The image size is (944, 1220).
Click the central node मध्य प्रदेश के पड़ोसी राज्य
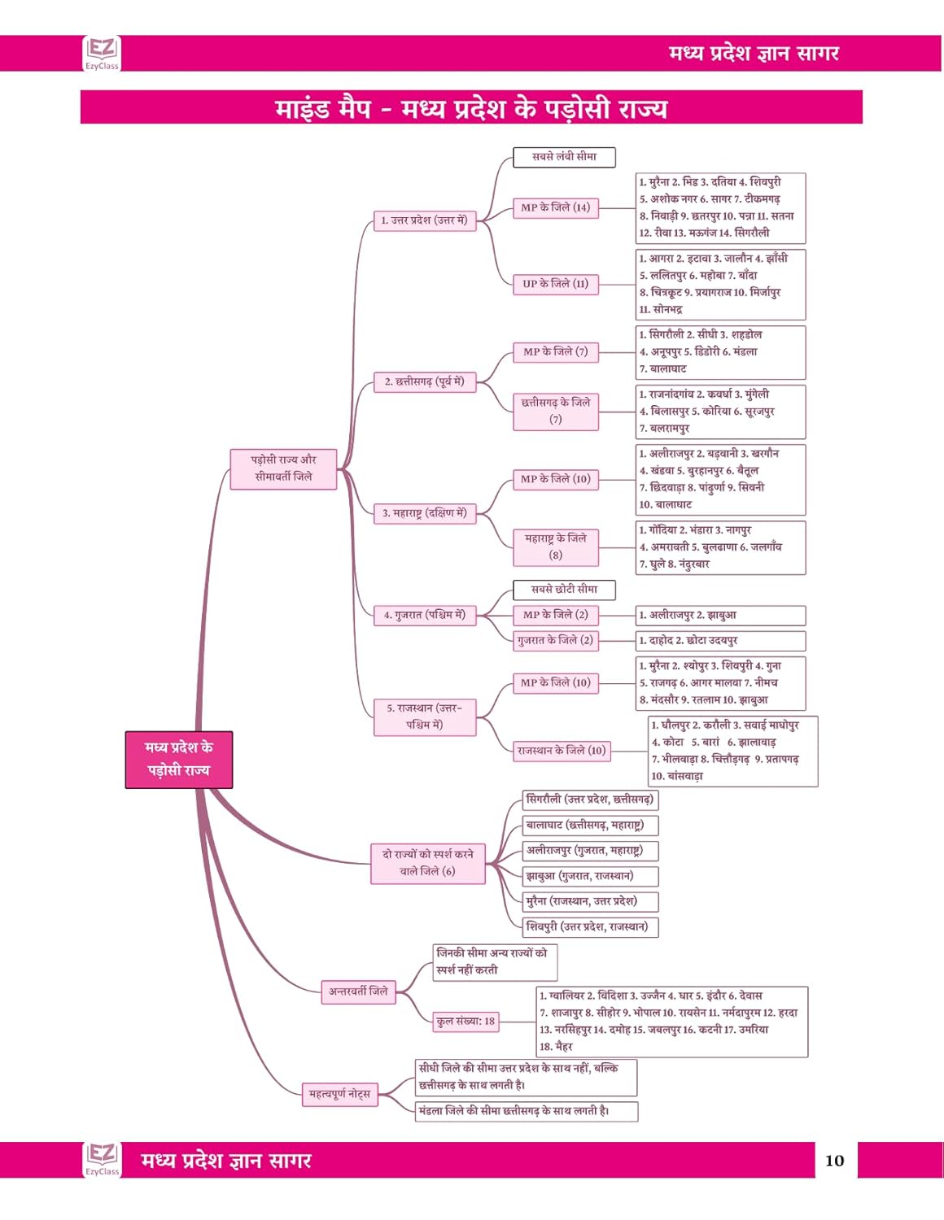[x=178, y=760]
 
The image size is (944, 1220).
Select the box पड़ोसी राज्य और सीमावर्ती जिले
[x=283, y=469]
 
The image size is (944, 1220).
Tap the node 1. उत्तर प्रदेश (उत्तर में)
[x=424, y=220]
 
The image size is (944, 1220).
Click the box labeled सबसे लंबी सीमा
[x=564, y=157]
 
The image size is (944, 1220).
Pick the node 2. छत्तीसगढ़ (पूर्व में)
[x=424, y=381]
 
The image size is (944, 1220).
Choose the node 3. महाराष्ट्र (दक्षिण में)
[x=424, y=513]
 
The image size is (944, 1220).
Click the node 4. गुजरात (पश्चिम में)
[x=424, y=616]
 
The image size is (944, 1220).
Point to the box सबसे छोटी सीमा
[x=564, y=590]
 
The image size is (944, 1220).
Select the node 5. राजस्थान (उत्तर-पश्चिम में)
[x=424, y=717]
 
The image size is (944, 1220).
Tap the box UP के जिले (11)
[x=555, y=284]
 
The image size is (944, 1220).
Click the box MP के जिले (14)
[x=555, y=207]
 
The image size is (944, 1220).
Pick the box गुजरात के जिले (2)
[x=555, y=640]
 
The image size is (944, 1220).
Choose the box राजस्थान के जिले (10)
[x=562, y=751]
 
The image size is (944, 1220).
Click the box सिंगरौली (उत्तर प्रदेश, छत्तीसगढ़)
[x=589, y=800]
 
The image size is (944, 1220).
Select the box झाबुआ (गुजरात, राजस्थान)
[x=589, y=876]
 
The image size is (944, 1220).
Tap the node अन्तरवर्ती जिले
[x=358, y=991]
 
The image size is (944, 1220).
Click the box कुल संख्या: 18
[x=465, y=1022]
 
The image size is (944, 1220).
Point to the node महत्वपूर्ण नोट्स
[x=339, y=1095]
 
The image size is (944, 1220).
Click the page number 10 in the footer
[x=835, y=1161]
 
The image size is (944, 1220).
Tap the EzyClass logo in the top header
[x=102, y=54]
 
